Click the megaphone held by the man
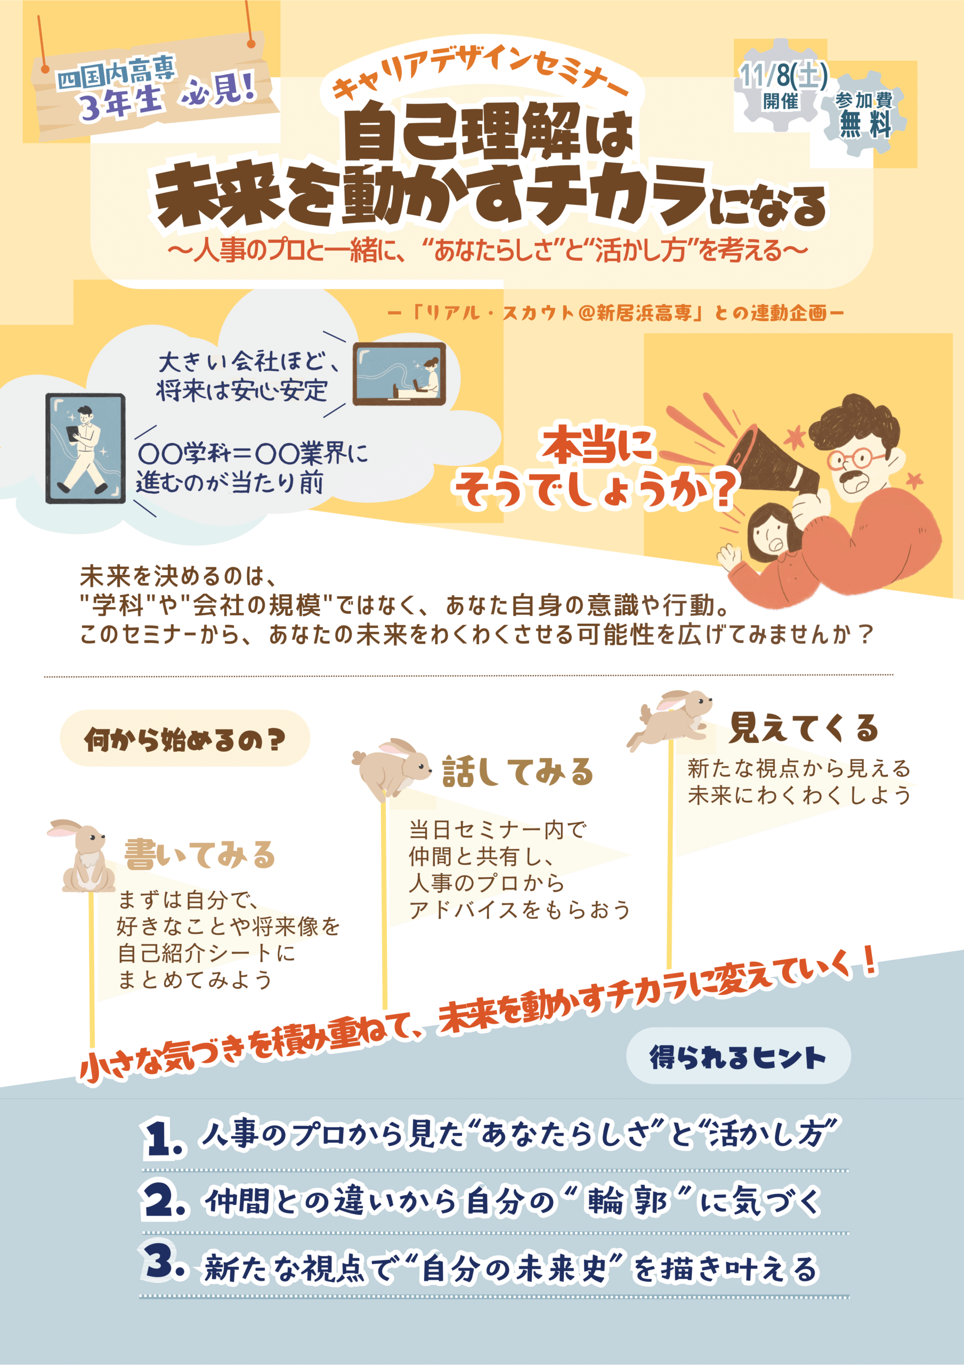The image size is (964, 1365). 773,461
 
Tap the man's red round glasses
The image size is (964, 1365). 850,459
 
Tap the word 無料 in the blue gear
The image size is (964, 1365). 865,124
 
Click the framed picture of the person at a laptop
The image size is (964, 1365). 399,374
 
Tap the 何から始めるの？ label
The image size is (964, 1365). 185,739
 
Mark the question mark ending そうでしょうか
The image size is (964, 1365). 722,489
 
